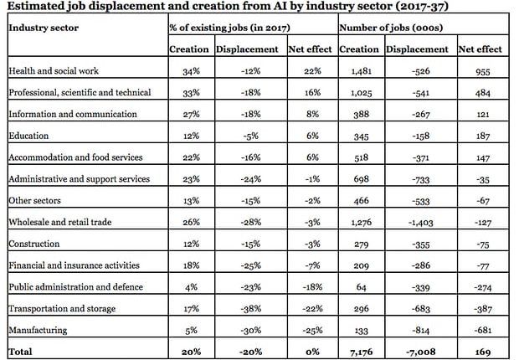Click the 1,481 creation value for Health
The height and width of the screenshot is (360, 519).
click(361, 71)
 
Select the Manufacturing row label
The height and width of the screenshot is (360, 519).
click(38, 330)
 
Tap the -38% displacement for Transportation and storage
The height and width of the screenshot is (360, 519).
click(251, 309)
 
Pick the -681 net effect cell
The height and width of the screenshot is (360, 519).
click(483, 330)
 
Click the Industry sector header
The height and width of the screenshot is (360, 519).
click(44, 28)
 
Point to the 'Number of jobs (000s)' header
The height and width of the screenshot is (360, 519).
click(391, 28)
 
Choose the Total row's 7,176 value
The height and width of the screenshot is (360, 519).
click(361, 352)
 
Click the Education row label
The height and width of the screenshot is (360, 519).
click(28, 136)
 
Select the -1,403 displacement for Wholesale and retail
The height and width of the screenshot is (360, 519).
click(421, 223)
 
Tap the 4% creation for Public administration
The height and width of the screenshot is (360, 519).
click(192, 287)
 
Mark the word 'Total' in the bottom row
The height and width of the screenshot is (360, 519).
click(21, 352)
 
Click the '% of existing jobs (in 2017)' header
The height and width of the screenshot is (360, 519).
click(229, 28)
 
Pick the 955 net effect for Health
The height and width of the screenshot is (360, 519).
click(483, 71)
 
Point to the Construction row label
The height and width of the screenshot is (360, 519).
click(34, 244)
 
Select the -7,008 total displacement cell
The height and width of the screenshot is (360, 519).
click(421, 352)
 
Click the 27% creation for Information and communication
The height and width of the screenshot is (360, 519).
click(192, 114)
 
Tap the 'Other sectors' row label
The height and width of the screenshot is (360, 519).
click(35, 201)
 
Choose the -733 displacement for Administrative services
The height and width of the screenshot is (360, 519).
click(421, 179)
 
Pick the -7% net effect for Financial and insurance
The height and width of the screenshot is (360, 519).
click(312, 265)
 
